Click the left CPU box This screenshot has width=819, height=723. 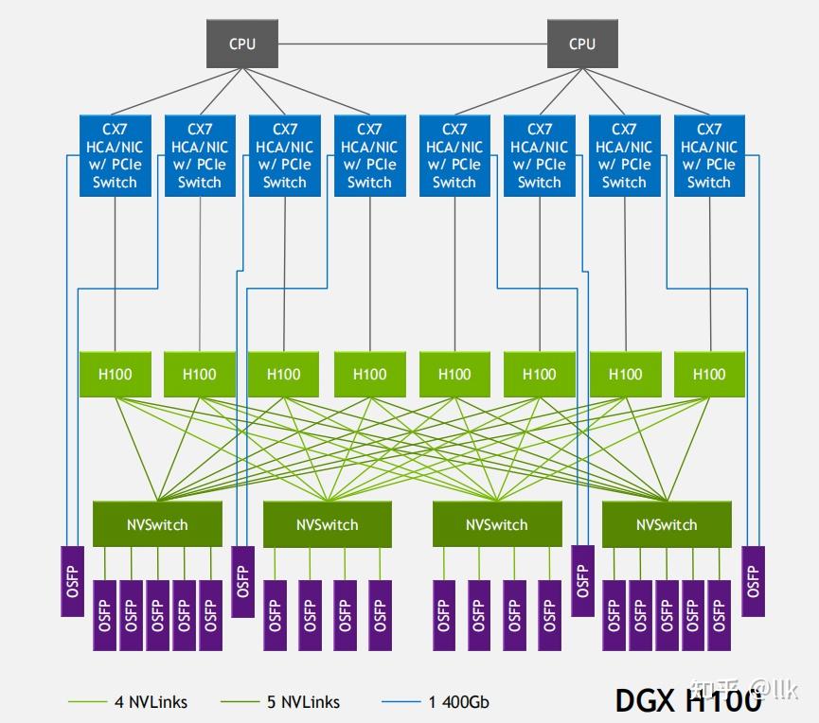pos(241,44)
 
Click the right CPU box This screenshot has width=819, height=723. pos(582,44)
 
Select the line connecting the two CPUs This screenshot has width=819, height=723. pos(412,44)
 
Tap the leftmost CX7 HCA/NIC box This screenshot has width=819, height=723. pos(115,155)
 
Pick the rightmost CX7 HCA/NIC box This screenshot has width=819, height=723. pos(708,155)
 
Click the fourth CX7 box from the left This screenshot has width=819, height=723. pos(369,155)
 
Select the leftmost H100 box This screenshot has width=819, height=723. pos(115,374)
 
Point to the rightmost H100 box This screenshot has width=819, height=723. pos(708,374)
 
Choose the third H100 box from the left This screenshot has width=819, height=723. pos(284,374)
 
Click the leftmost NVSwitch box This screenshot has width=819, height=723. pos(157,524)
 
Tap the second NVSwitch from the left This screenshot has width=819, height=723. pos(327,524)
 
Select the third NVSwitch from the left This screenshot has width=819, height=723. pos(497,524)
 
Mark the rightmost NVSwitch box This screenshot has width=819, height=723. pos(667,524)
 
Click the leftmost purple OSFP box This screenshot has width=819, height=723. pos(73,581)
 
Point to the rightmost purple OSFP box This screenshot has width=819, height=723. pos(753,581)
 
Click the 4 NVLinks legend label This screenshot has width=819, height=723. pos(151,702)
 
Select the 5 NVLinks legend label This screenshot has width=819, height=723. pos(302,702)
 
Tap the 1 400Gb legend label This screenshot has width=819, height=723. pos(458,702)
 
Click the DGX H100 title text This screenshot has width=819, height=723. pos(688,700)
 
